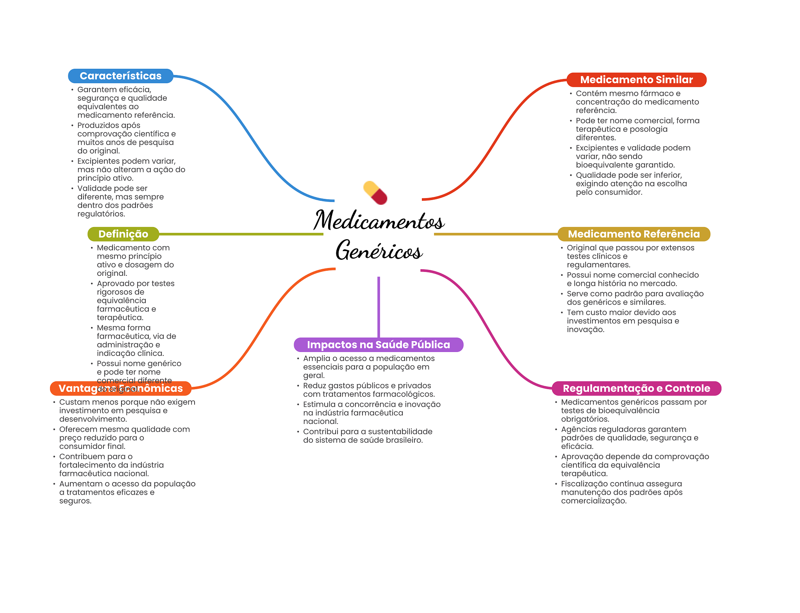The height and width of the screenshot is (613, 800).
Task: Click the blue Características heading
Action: (x=120, y=76)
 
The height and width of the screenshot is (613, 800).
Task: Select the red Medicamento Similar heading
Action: (x=636, y=80)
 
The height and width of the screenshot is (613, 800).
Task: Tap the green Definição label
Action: (x=123, y=234)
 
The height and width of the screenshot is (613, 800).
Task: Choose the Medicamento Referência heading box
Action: (x=633, y=234)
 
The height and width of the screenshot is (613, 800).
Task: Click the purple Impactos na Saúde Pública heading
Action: (x=378, y=345)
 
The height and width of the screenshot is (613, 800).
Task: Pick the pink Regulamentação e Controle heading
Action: (x=636, y=388)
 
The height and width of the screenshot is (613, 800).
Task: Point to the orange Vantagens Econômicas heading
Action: (x=120, y=388)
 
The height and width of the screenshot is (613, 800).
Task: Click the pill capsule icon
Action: (x=375, y=193)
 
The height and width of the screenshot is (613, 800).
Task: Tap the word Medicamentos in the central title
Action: (x=379, y=220)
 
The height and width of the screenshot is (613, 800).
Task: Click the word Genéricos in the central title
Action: (x=379, y=250)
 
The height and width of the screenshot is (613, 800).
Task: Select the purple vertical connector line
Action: (x=379, y=307)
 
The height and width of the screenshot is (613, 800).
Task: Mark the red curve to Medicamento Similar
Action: (x=496, y=141)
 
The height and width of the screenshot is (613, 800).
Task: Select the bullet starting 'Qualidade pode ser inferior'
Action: (x=629, y=184)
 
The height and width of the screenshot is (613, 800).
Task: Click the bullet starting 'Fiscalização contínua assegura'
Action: (x=621, y=492)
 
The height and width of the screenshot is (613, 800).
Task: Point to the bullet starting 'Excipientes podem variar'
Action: (x=131, y=170)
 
